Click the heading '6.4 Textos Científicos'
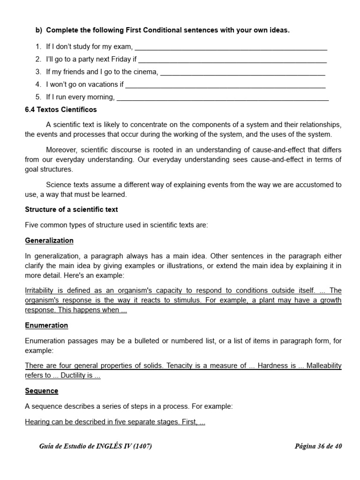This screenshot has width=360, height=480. click(61, 110)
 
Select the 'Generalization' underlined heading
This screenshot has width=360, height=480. click(49, 240)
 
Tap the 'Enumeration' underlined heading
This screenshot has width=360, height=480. click(46, 325)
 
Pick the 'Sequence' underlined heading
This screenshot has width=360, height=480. click(42, 391)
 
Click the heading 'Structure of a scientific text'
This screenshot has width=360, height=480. click(71, 210)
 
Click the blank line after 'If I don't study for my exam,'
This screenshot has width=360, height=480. click(231, 47)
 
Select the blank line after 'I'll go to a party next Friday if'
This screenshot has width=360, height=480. click(232, 60)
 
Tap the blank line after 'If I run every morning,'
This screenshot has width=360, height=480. click(222, 97)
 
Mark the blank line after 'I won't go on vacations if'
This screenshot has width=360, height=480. click(225, 85)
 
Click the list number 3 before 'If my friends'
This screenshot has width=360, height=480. click(38, 72)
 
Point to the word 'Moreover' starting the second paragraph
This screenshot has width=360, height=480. click(62, 150)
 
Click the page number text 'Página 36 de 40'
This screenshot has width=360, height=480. click(318, 446)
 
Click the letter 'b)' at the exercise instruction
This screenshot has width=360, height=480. click(39, 30)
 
